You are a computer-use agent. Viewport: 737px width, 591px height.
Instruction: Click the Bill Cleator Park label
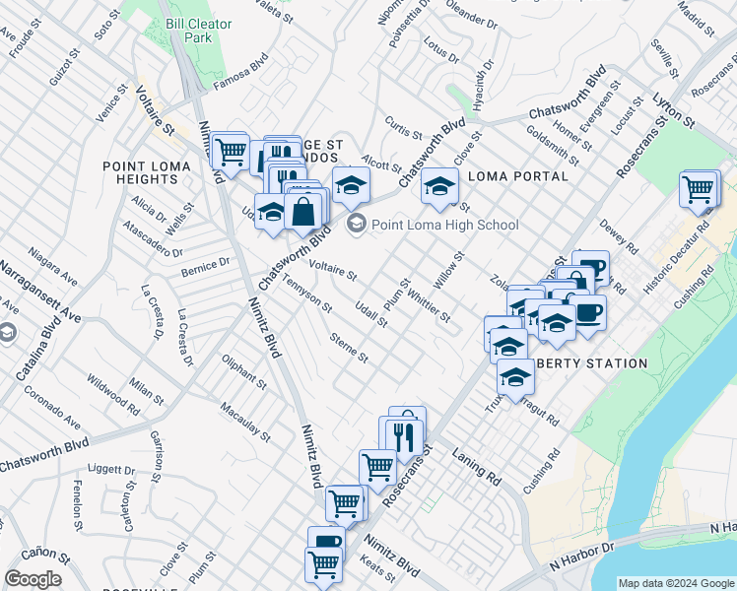pyautogui.click(x=198, y=30)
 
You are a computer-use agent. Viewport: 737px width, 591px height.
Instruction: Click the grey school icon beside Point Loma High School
pyautogui.click(x=357, y=225)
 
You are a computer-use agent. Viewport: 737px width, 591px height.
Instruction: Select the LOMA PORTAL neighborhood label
pyautogui.click(x=519, y=176)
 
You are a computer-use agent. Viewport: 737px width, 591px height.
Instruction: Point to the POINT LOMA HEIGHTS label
pyautogui.click(x=147, y=173)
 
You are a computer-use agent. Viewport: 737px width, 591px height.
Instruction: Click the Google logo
pyautogui.click(x=33, y=579)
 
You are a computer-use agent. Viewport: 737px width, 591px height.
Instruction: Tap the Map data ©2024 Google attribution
pyautogui.click(x=675, y=582)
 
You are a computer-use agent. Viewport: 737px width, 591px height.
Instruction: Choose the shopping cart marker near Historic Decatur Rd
pyautogui.click(x=699, y=188)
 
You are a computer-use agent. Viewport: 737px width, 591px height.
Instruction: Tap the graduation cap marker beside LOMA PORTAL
pyautogui.click(x=440, y=185)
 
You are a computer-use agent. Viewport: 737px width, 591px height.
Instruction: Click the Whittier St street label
pyautogui.click(x=429, y=306)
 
